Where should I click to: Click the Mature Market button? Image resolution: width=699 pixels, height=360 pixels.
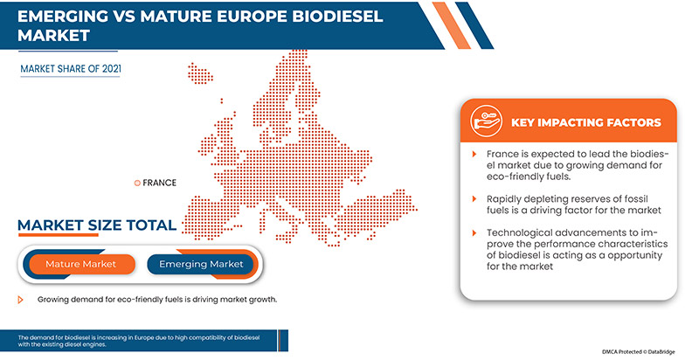pyautogui.click(x=80, y=263)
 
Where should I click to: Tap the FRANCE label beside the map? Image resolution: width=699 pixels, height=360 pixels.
pyautogui.click(x=159, y=183)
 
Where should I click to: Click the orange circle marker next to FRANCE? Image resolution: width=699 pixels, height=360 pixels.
pyautogui.click(x=136, y=183)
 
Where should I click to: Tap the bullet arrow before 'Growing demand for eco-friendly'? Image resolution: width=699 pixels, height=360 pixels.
pyautogui.click(x=21, y=299)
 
